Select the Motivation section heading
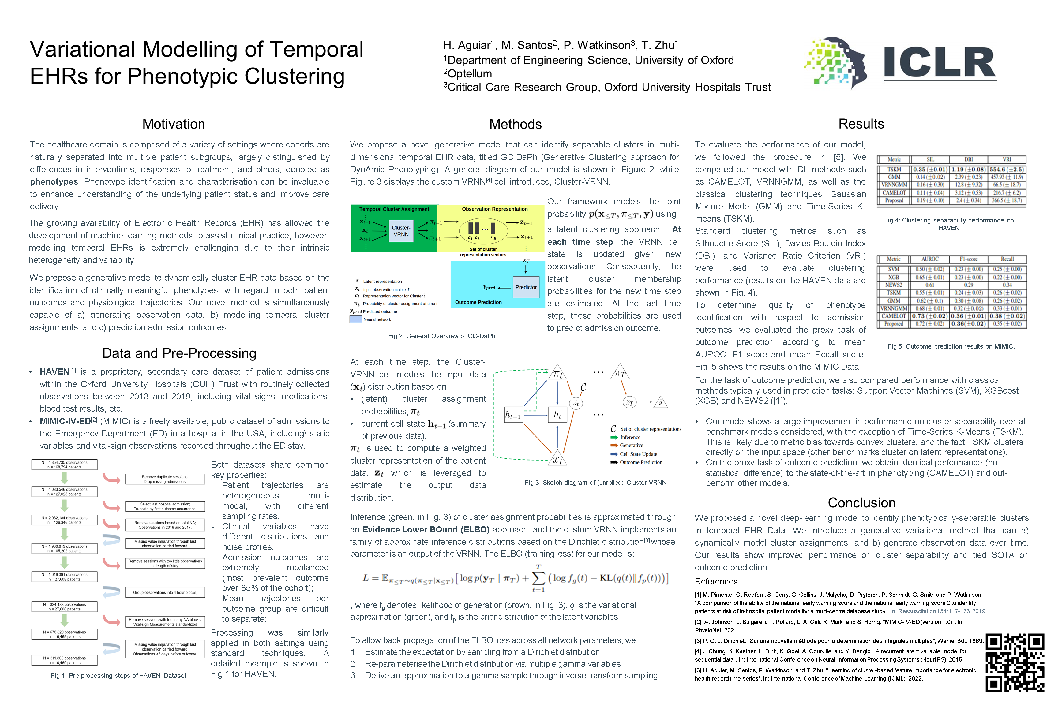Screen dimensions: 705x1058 click(174, 124)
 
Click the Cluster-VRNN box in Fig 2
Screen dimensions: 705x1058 click(401, 231)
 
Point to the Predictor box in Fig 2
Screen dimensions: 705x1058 click(526, 287)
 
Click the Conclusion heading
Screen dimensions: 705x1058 click(861, 503)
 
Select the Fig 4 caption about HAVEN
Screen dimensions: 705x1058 click(949, 224)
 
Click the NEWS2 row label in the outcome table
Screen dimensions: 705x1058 click(893, 285)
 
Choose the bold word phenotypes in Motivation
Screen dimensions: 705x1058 click(54, 182)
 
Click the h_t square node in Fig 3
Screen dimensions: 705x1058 click(557, 415)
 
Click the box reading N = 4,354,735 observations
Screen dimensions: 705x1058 click(64, 464)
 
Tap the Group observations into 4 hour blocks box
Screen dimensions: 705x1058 click(165, 593)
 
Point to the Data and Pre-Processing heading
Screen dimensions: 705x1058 click(179, 353)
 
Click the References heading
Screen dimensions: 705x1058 click(716, 581)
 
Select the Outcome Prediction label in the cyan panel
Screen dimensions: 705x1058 click(478, 302)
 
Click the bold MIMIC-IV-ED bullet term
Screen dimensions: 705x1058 click(65, 421)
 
